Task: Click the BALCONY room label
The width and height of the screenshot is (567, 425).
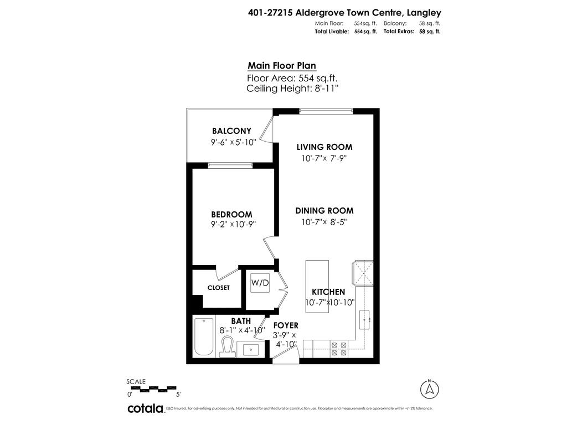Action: [231, 131]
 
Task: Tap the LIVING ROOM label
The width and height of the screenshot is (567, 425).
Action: [324, 147]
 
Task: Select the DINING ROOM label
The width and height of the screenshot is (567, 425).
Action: [324, 211]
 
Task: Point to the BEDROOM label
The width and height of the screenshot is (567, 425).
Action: [231, 215]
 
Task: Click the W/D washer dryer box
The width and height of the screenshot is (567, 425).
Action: [260, 283]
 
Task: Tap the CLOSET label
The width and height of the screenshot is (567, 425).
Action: [218, 288]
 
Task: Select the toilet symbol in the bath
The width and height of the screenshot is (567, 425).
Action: [227, 346]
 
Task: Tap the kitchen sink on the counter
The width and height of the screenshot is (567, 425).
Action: [365, 319]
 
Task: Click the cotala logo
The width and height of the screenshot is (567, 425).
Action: [146, 409]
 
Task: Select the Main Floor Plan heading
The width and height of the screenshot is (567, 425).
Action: [282, 65]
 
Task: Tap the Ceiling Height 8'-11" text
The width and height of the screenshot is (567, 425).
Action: [292, 88]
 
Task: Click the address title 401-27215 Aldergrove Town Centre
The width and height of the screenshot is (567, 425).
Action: [344, 12]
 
